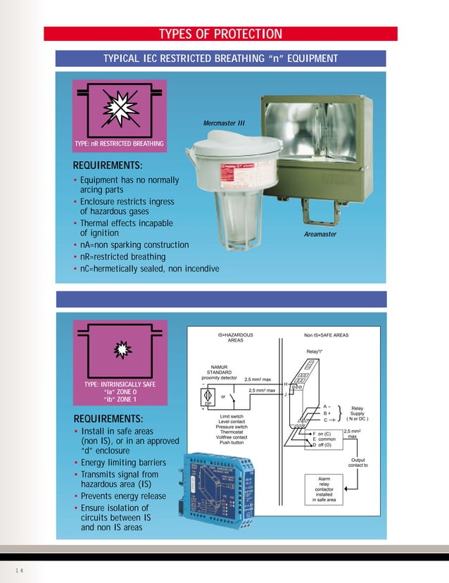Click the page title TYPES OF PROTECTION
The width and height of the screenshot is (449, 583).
220,35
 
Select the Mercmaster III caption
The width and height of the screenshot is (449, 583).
224,123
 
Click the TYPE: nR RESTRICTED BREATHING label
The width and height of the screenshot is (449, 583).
119,144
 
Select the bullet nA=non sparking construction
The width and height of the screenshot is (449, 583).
134,245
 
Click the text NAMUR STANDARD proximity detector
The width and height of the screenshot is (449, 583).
219,372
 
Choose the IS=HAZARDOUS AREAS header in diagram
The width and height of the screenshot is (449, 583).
235,338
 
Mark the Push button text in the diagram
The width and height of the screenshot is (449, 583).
232,443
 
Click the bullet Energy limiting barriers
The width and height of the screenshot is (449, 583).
122,463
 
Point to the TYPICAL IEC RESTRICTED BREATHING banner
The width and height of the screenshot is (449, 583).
220,58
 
